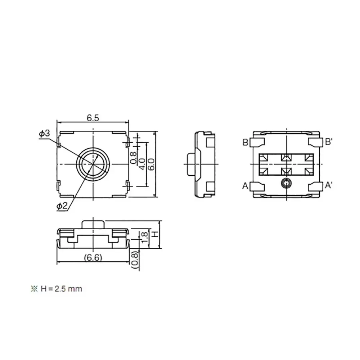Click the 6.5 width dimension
pos(93,117)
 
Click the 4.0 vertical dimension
pos(143,164)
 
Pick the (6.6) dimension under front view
pos(93,257)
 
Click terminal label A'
pos(329,186)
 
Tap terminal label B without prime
pos(245,143)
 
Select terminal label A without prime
pos(245,186)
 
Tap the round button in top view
pos(93,164)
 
